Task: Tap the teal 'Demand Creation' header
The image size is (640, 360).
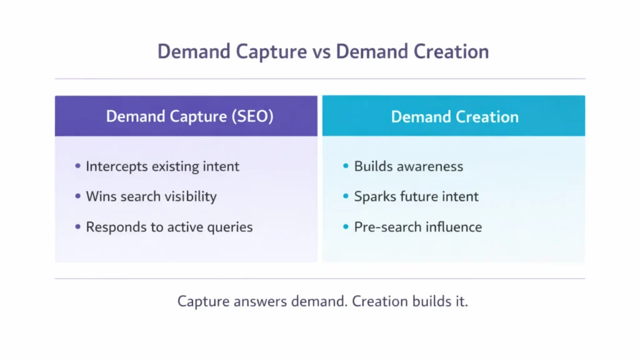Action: (454, 117)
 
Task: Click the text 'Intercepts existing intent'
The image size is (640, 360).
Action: (162, 166)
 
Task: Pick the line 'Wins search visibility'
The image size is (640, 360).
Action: (151, 196)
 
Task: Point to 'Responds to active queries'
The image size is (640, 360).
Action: (169, 227)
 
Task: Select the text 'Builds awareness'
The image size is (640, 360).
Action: (409, 166)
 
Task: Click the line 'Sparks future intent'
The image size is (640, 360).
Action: (416, 196)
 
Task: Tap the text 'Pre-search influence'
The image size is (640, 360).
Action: (418, 227)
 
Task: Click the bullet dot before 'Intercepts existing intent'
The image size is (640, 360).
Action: (78, 166)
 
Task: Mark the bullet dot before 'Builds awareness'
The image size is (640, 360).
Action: (346, 166)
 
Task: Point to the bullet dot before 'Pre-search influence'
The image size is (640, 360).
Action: (346, 227)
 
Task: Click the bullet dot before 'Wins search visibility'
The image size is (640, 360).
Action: (78, 196)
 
